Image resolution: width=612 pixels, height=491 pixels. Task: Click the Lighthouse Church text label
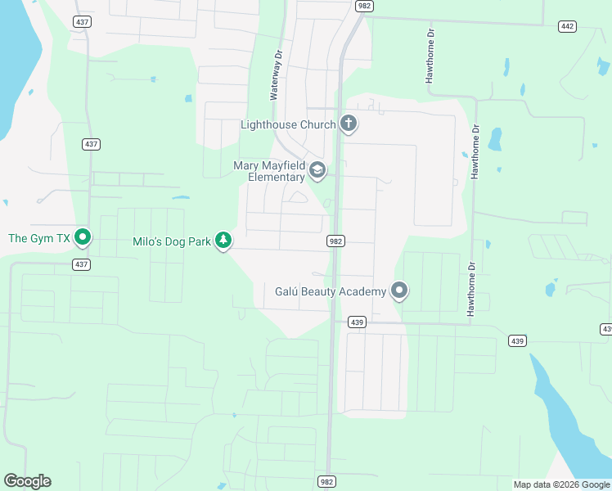point(288,124)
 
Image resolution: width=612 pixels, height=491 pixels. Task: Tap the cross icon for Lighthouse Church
point(349,124)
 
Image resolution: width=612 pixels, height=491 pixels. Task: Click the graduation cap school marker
point(317,170)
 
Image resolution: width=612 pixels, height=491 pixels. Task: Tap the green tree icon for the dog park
point(223,240)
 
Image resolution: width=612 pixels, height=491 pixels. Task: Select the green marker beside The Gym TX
point(82,238)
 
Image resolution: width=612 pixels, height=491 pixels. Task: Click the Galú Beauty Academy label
point(330,291)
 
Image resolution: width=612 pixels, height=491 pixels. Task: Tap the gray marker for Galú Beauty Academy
point(399,291)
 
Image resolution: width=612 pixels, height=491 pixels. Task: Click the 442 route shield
point(567,26)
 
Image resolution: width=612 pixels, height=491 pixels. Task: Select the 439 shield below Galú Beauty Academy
point(356,322)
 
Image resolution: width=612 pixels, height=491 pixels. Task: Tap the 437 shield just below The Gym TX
point(80,264)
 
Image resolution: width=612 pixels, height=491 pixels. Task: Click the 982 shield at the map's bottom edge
point(326,482)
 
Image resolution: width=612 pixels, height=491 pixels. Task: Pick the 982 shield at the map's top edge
point(364,6)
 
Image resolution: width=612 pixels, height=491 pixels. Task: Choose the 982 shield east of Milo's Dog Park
point(335,241)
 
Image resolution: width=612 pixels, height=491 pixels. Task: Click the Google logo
point(27,481)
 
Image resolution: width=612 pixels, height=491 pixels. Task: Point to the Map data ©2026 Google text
point(560,484)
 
